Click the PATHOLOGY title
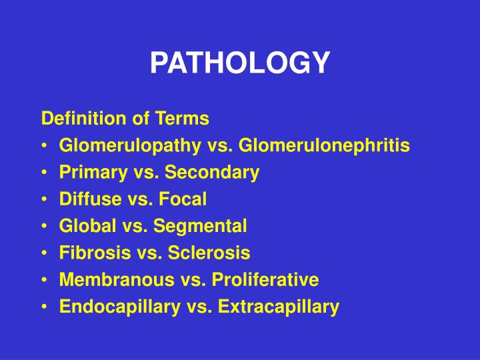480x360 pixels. (239, 63)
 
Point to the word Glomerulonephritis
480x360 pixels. (324, 145)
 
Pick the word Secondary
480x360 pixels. (211, 173)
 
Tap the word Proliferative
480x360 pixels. (265, 280)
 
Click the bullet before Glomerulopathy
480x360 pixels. (44, 146)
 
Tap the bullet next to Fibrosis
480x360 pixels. (44, 253)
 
